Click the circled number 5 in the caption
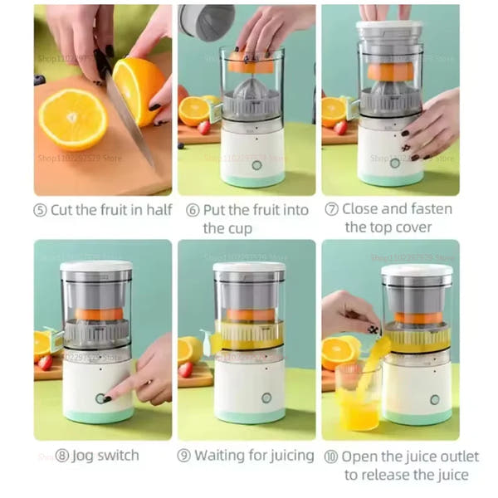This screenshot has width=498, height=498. point(41,210)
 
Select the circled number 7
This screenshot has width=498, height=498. point(331,209)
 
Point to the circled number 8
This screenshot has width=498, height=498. point(41,456)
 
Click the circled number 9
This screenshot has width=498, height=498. point(184,456)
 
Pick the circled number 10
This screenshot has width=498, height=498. point(331,456)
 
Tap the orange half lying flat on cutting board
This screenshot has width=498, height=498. point(72,119)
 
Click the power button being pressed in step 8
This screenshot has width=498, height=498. point(100,398)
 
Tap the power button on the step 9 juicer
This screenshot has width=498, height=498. point(267,398)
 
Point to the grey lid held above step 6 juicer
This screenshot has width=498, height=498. point(207,21)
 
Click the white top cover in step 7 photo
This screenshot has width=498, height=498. point(389,29)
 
